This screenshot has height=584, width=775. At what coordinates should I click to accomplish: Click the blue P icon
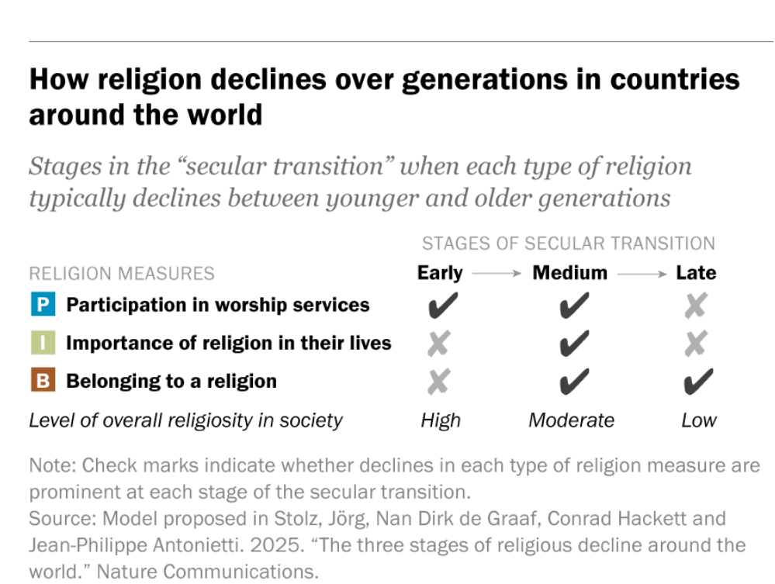pyautogui.click(x=43, y=305)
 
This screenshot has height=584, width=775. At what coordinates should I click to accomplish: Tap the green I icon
pyautogui.click(x=43, y=343)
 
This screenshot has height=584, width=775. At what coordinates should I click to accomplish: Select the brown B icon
pyautogui.click(x=43, y=381)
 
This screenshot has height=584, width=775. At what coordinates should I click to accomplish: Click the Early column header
pyautogui.click(x=440, y=273)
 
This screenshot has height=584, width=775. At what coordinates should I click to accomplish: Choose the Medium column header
pyautogui.click(x=569, y=273)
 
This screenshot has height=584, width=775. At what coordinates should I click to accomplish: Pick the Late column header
pyautogui.click(x=696, y=273)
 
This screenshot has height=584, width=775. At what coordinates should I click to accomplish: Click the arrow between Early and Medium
pyautogui.click(x=497, y=274)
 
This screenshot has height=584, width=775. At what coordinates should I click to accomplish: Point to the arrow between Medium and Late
pyautogui.click(x=642, y=274)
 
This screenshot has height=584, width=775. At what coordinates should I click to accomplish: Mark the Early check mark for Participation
pyautogui.click(x=441, y=306)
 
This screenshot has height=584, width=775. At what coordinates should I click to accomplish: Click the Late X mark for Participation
pyautogui.click(x=696, y=306)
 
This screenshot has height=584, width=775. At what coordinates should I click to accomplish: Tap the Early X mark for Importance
pyautogui.click(x=438, y=344)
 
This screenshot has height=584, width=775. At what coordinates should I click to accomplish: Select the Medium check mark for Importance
pyautogui.click(x=573, y=344)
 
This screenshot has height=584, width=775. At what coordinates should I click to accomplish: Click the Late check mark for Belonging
pyautogui.click(x=698, y=381)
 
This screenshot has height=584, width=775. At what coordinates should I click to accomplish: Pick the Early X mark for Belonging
pyautogui.click(x=438, y=381)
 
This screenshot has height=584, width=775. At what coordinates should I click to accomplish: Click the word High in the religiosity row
pyautogui.click(x=441, y=420)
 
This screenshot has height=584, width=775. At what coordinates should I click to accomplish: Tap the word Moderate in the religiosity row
pyautogui.click(x=571, y=420)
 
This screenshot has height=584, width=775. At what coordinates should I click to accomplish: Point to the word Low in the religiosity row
pyautogui.click(x=698, y=420)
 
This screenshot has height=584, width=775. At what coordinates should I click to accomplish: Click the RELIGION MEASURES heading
pyautogui.click(x=122, y=274)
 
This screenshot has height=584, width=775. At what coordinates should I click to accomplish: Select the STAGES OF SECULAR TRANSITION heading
pyautogui.click(x=569, y=244)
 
